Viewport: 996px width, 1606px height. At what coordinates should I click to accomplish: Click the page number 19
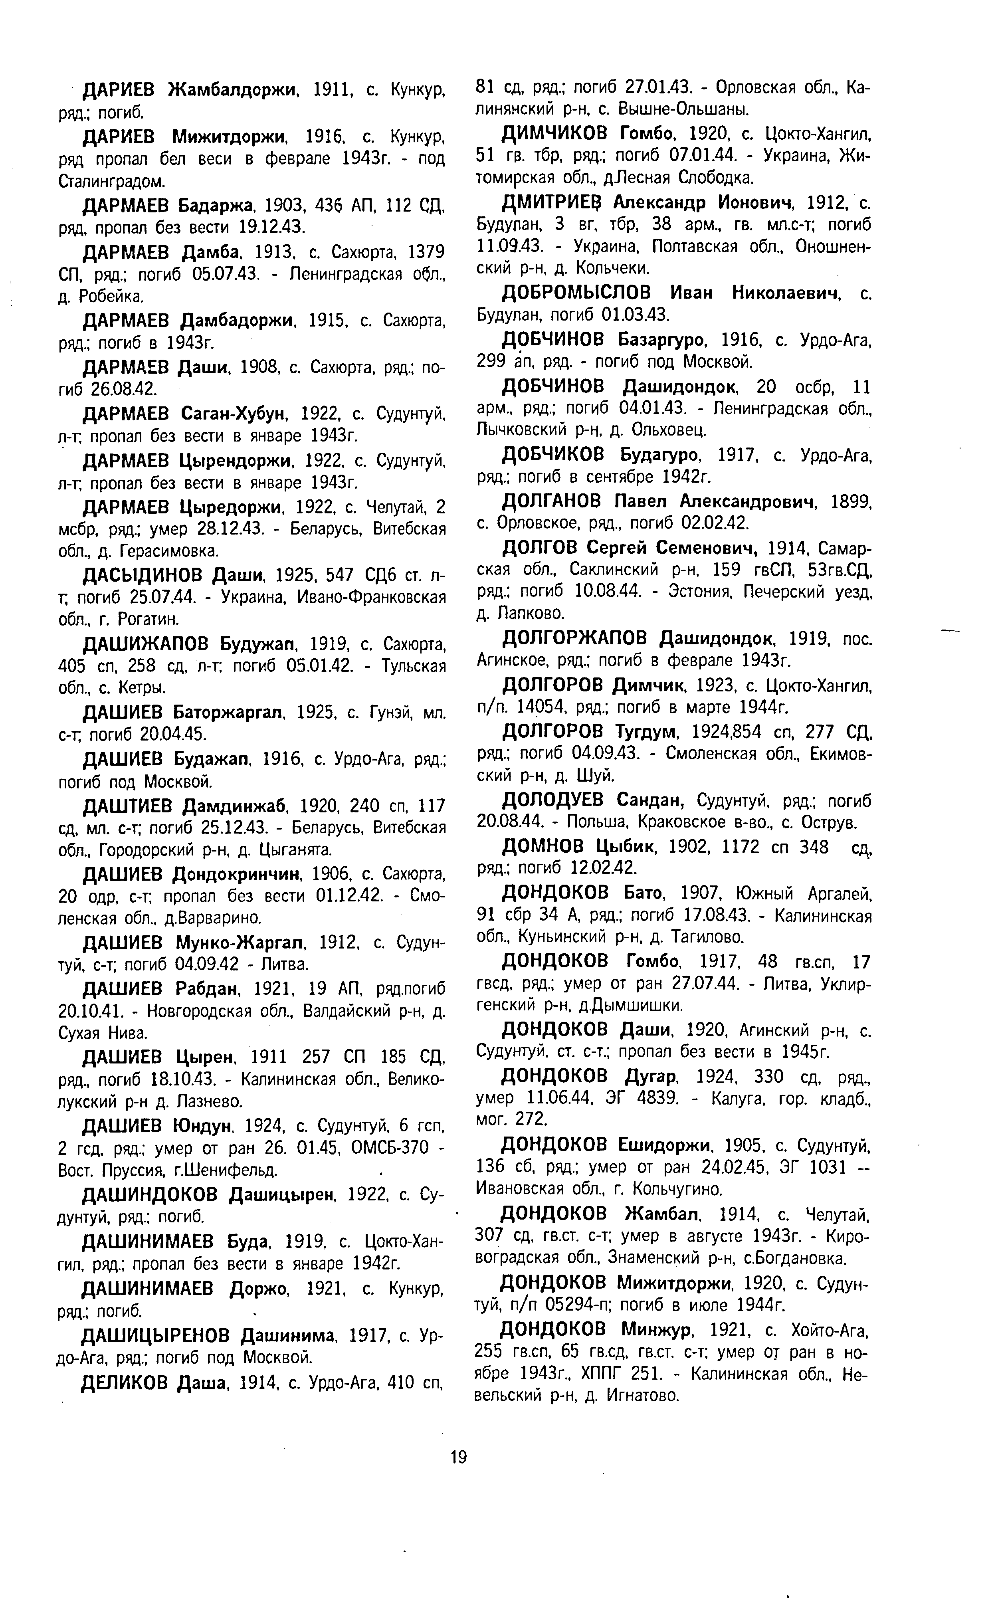(x=458, y=1456)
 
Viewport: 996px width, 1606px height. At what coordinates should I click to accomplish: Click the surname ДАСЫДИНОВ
(x=144, y=576)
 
